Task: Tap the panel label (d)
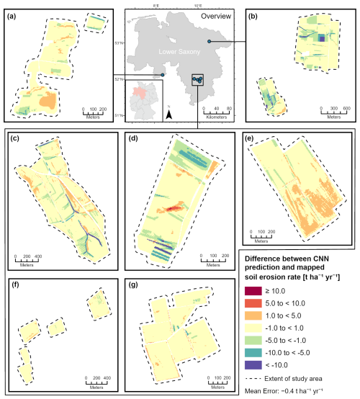tap(132, 139)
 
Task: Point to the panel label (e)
tap(249, 139)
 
